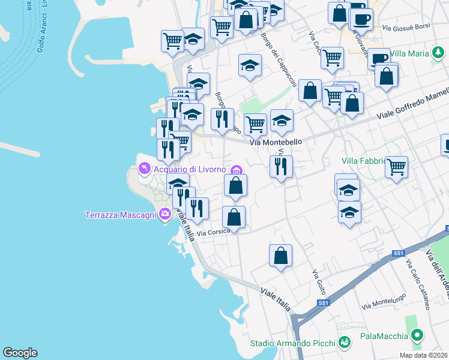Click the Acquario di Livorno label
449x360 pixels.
(189, 169)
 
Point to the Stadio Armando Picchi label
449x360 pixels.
(293, 343)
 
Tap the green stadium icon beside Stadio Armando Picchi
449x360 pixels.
(344, 343)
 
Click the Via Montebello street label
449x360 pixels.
(274, 142)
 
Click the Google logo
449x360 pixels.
(20, 353)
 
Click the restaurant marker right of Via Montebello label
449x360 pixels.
(281, 167)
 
